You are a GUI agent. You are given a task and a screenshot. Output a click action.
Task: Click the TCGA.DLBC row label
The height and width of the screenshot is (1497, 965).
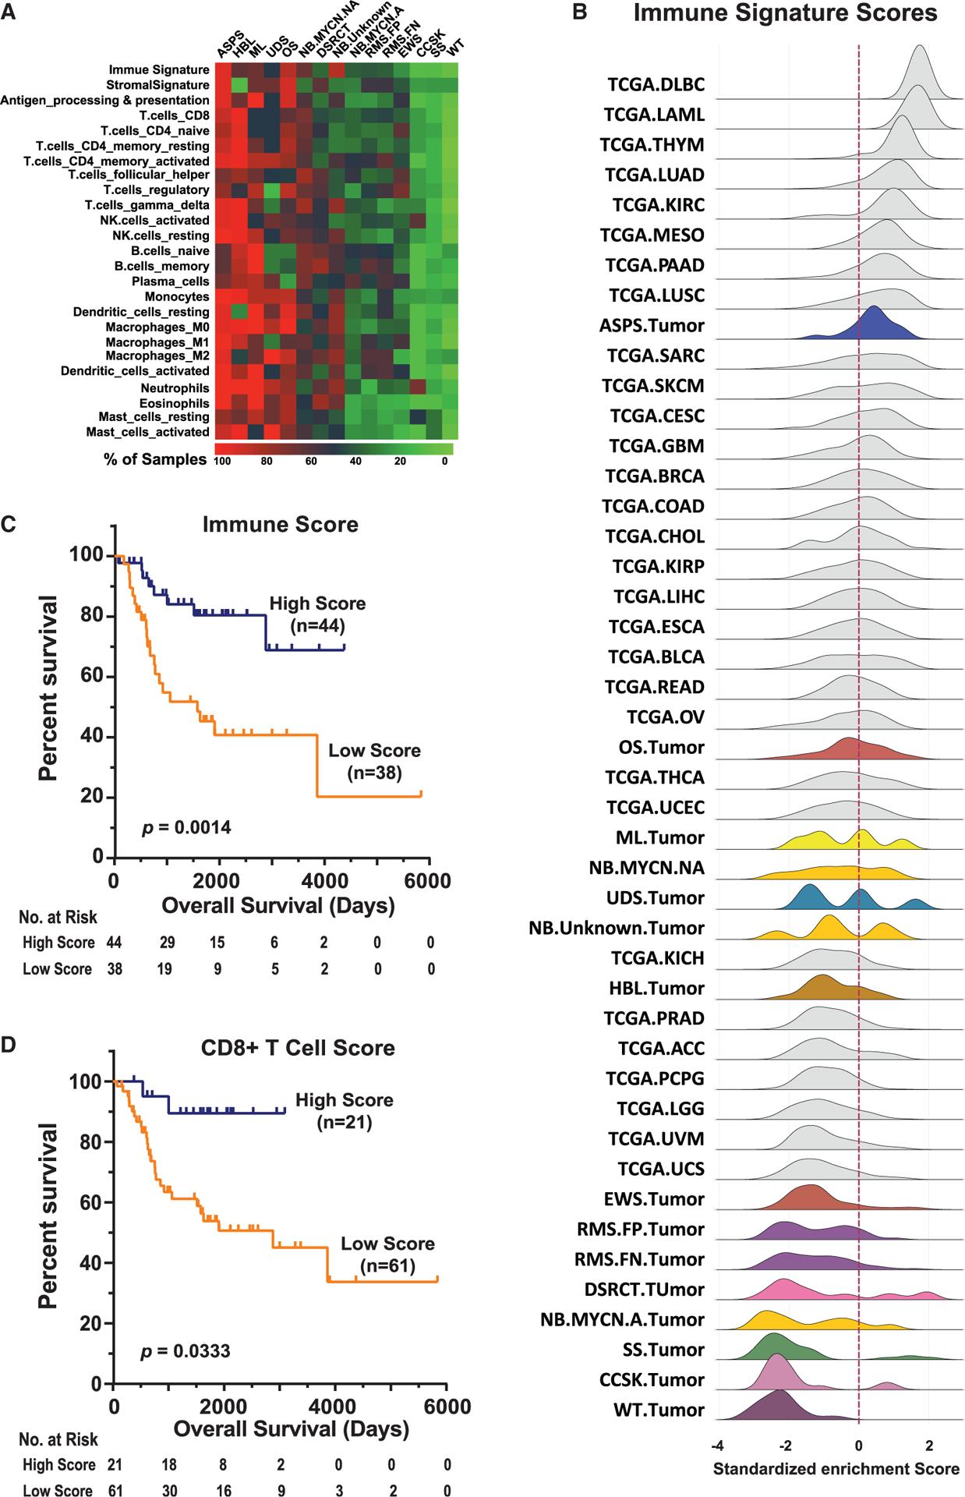tap(654, 84)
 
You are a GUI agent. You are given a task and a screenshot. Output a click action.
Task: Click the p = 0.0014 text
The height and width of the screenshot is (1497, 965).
tap(186, 827)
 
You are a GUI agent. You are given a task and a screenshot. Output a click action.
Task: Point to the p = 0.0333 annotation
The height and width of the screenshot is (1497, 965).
tap(186, 1350)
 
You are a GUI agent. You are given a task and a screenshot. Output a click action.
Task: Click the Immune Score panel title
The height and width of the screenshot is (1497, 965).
tap(280, 524)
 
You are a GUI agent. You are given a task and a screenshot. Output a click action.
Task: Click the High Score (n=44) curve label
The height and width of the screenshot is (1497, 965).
tap(317, 614)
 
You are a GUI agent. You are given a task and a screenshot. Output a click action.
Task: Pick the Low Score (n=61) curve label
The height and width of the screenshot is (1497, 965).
tap(387, 1254)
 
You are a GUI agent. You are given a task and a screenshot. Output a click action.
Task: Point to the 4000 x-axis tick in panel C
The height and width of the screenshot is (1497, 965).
tap(324, 881)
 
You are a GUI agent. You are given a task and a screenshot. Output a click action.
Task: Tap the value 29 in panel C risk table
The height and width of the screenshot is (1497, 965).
tap(167, 943)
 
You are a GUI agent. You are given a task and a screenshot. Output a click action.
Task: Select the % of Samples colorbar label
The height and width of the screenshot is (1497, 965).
tap(155, 459)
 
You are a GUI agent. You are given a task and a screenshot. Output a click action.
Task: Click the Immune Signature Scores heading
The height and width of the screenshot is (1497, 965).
tap(785, 13)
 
